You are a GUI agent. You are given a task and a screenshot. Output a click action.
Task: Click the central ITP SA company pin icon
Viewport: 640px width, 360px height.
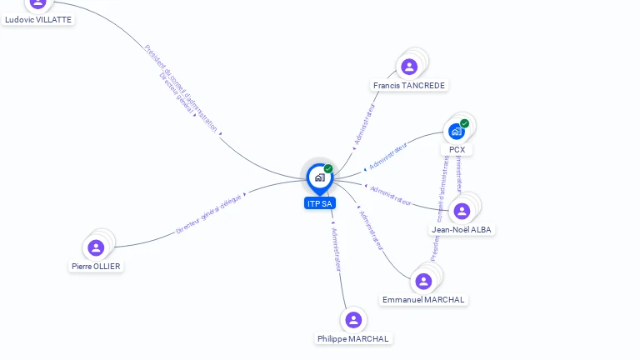319,177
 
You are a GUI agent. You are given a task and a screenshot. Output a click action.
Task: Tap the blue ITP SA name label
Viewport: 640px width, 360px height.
320,203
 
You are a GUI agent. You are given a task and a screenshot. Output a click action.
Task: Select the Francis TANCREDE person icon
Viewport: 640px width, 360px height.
409,67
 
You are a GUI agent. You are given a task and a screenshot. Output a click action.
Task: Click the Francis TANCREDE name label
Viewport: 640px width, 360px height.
409,85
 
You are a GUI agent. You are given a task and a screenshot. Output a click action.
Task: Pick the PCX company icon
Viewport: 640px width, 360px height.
457,131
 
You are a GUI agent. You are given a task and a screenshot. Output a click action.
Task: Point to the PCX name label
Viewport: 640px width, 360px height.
457,150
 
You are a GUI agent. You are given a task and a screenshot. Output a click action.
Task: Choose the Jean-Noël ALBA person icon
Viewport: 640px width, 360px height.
462,211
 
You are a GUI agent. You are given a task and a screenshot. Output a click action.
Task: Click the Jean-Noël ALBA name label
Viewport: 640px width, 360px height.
462,229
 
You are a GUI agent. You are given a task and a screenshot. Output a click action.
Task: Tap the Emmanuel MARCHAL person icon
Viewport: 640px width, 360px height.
423,281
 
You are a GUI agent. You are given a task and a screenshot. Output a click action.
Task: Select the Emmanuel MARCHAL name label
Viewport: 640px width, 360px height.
423,299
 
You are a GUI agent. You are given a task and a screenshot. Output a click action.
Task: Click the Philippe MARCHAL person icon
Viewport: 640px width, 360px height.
353,319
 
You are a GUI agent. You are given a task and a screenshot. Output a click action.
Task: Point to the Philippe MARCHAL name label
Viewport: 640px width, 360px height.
353,338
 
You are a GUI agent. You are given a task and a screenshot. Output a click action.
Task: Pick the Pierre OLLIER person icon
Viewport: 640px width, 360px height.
96,247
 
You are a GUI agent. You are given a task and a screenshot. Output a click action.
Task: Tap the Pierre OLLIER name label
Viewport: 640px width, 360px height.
96,266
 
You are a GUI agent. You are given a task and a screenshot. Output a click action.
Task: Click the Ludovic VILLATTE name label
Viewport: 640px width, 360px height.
38,19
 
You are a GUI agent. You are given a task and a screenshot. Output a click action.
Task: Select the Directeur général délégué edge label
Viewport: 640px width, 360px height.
209,214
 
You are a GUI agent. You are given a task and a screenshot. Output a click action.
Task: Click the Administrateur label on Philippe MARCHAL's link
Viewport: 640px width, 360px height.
335,251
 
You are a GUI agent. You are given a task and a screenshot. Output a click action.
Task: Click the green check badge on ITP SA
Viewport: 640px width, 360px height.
328,169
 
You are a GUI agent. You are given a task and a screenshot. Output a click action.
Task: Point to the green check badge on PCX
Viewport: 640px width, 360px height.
464,123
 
